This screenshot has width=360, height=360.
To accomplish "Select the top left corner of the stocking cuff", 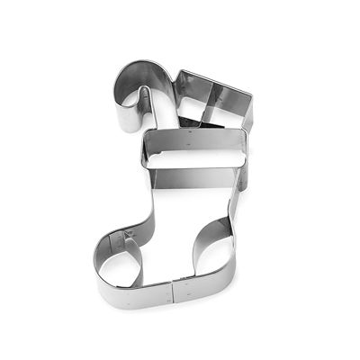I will point(144,136).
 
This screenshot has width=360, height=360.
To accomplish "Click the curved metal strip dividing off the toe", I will point(135,256).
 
